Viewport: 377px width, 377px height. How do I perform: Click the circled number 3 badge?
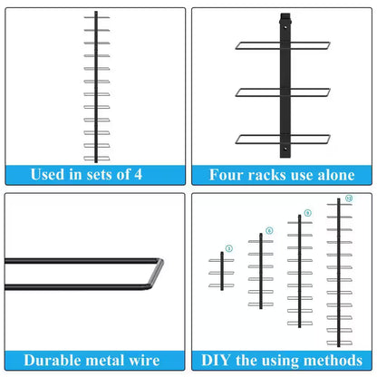[x=229, y=248]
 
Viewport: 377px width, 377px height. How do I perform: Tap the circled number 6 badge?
[x=269, y=231]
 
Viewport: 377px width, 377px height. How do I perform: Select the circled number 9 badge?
[x=307, y=213]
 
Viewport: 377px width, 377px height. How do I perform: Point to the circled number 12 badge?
[x=349, y=198]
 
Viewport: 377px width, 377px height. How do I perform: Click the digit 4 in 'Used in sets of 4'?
[x=138, y=174]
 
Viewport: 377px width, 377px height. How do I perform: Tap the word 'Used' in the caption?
[x=47, y=174]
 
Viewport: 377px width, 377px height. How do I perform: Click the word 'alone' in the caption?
[x=336, y=175]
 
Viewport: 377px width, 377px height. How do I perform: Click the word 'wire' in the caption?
[x=144, y=361]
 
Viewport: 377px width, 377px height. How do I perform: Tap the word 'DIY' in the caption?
[x=216, y=361]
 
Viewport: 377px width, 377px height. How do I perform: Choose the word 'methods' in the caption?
[x=333, y=361]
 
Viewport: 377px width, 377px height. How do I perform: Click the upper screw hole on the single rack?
[x=285, y=27]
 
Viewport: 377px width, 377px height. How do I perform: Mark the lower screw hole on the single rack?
[x=285, y=149]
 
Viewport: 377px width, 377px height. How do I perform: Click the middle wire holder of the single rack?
[x=283, y=92]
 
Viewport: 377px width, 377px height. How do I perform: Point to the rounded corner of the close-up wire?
[x=159, y=262]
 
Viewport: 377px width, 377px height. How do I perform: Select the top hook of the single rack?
[x=285, y=17]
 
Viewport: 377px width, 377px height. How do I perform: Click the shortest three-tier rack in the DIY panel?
[x=222, y=271]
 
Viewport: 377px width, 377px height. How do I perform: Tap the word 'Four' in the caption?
[x=227, y=175]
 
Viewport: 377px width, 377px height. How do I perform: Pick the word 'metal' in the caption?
[x=102, y=361]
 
